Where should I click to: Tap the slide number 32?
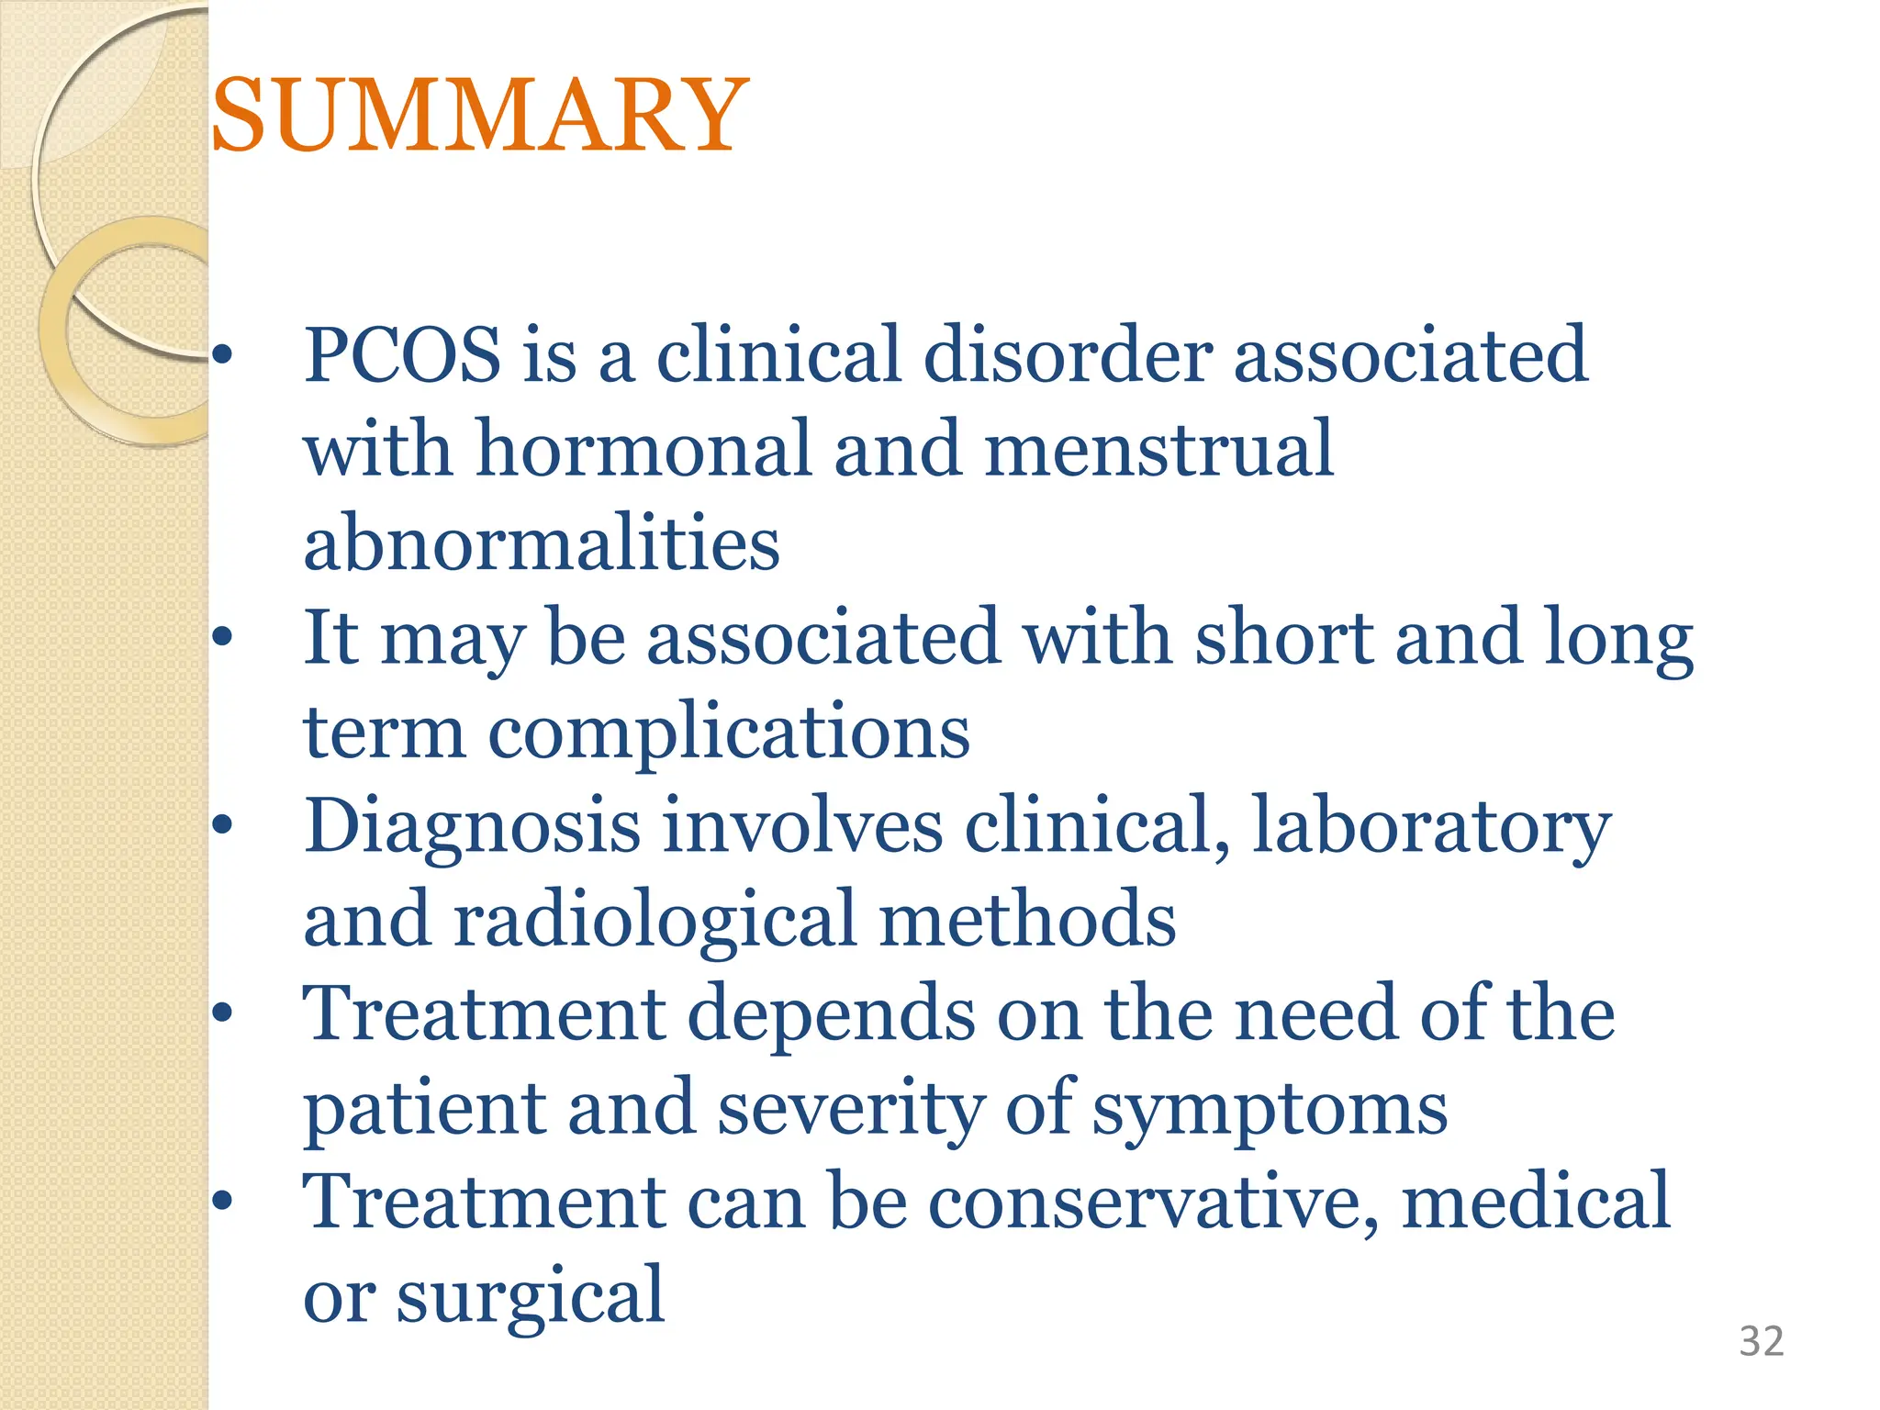[1761, 1341]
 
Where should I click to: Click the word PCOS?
[402, 355]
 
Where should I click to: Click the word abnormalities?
[542, 543]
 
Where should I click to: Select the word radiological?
[655, 920]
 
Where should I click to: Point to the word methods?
[1027, 920]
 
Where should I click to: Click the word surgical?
[530, 1296]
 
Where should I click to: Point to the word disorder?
[1068, 355]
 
